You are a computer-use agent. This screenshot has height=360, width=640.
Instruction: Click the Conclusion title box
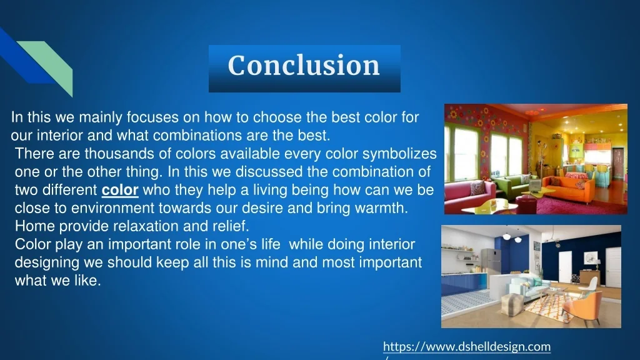[x=304, y=66]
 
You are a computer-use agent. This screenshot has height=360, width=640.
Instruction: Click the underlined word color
[x=120, y=190]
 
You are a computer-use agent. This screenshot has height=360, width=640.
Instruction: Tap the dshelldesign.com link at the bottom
[x=466, y=346]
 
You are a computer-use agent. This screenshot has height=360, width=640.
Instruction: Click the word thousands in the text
[x=112, y=154]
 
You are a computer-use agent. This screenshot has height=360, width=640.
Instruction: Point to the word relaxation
[x=129, y=226]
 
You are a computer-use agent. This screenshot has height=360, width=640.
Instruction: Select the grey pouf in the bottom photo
[x=512, y=306]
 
